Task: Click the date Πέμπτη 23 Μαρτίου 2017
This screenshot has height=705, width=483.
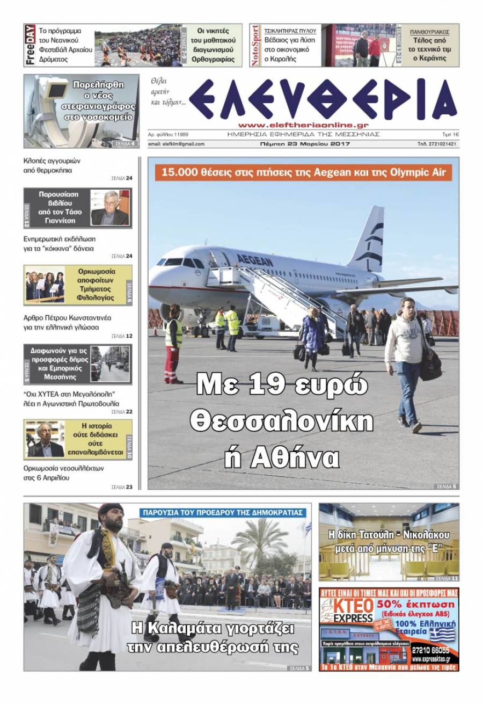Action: (x=304, y=144)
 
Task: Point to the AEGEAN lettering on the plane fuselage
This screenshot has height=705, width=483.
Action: (x=255, y=260)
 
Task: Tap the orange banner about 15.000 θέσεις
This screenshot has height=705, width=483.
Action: (x=303, y=173)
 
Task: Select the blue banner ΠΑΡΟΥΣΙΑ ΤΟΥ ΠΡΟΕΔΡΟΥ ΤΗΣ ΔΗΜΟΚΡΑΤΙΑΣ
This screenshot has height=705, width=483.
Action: (x=223, y=512)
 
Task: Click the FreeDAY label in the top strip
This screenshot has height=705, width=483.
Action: (x=30, y=45)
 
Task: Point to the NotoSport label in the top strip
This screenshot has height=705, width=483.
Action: (x=255, y=45)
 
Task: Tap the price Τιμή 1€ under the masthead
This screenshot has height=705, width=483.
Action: (x=450, y=134)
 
